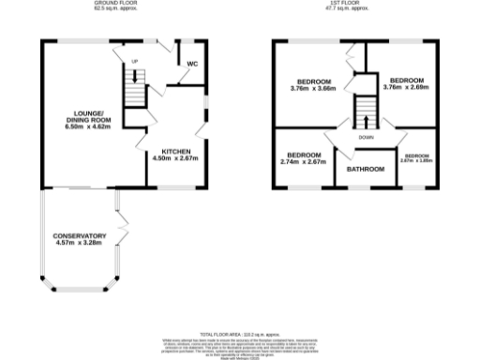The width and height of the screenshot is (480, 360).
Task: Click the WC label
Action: (192, 64)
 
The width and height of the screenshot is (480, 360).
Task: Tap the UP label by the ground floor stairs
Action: (134, 63)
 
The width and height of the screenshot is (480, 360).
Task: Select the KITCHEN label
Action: (176, 151)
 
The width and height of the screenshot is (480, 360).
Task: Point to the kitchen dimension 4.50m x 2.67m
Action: (176, 159)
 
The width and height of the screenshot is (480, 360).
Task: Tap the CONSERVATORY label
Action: (80, 235)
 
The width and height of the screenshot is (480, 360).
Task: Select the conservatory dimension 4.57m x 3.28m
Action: (80, 244)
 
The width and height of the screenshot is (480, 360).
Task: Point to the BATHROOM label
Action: (366, 170)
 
